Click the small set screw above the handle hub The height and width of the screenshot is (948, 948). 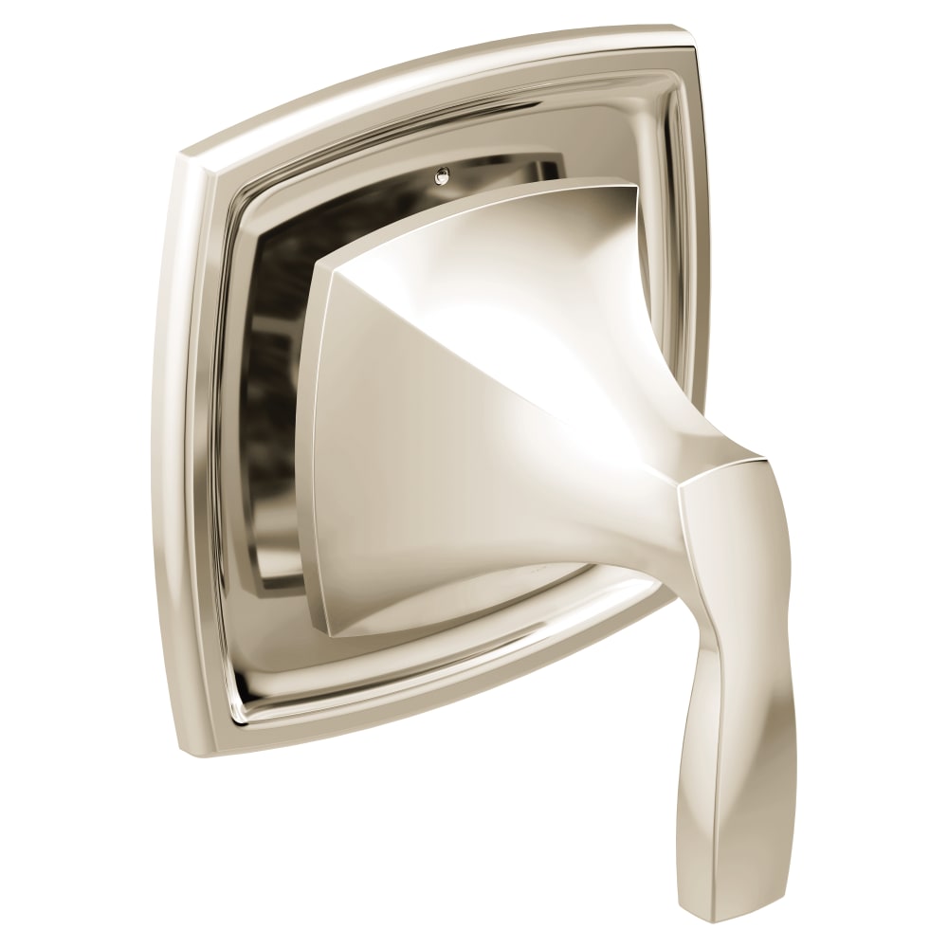click(465, 174)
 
